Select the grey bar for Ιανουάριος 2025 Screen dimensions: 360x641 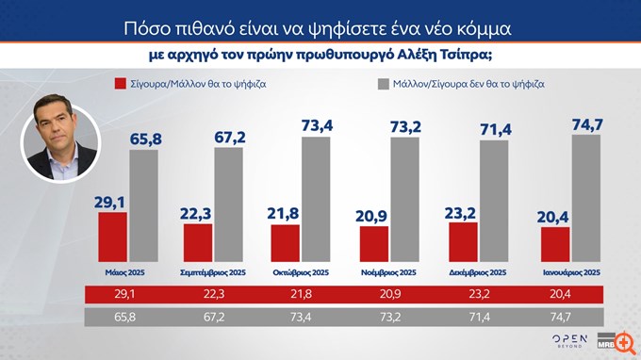[584, 199]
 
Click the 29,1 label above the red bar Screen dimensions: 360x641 [111, 200]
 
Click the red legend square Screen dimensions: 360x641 [120, 84]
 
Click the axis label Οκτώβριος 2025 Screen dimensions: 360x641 [302, 272]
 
